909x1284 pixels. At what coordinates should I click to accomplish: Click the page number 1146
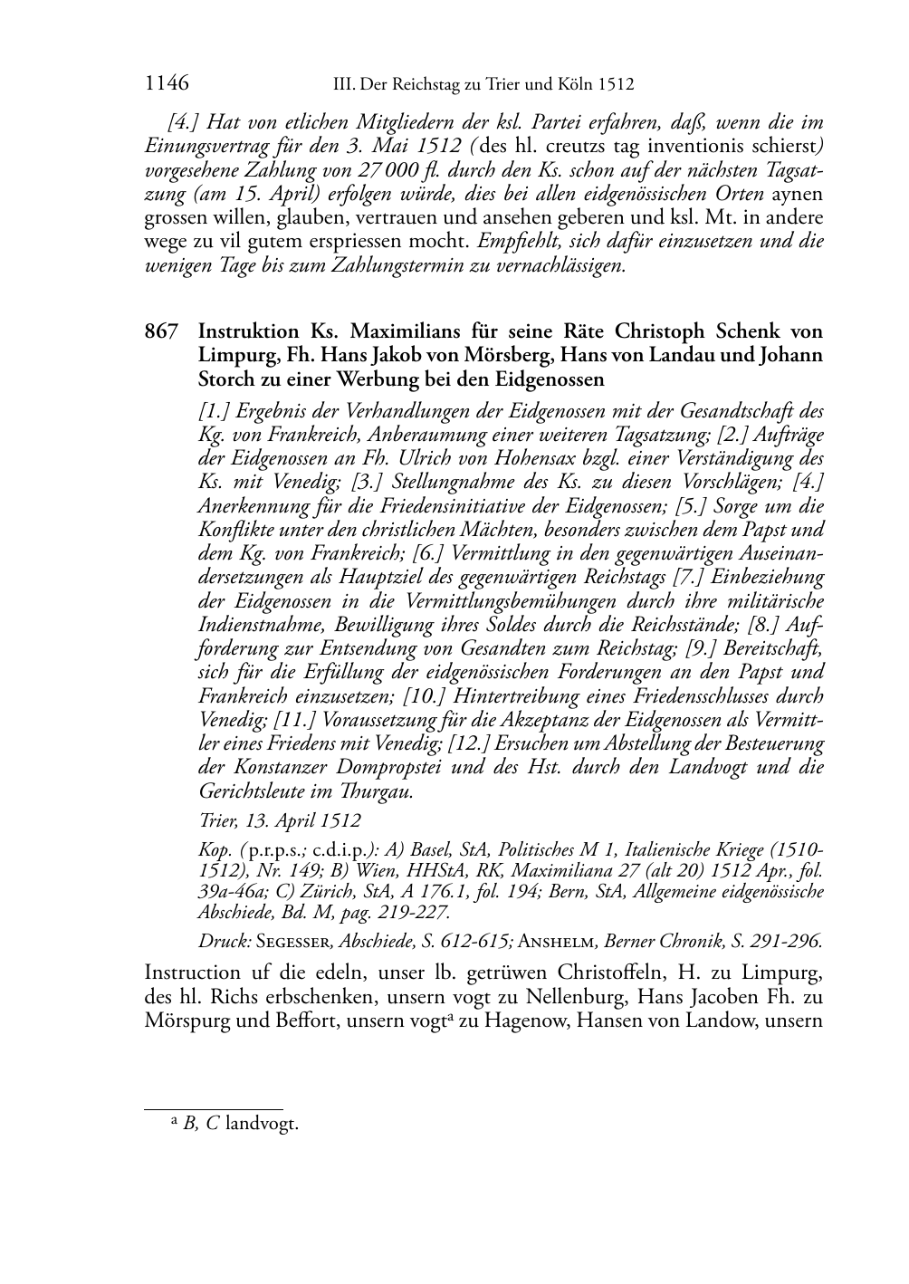point(167,84)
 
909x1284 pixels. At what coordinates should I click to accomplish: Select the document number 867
point(161,331)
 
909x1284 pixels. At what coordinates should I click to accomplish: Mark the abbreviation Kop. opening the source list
point(214,850)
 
